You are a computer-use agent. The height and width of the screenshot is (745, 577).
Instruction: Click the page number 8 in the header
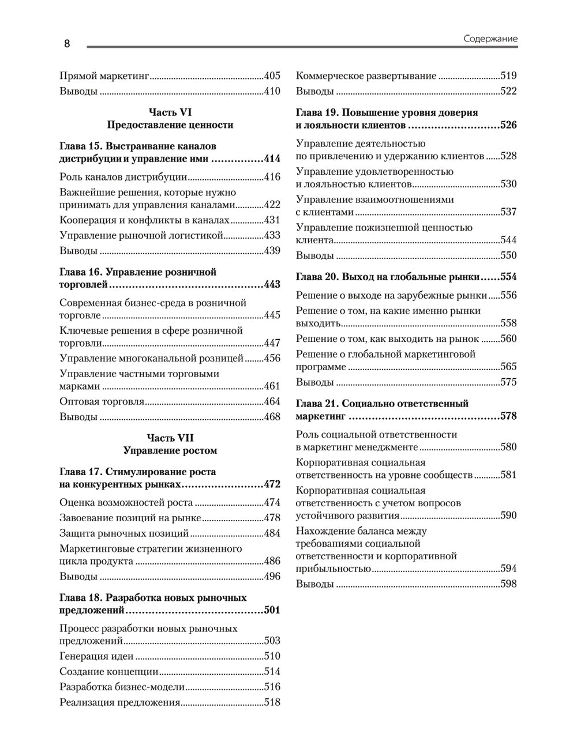click(x=66, y=44)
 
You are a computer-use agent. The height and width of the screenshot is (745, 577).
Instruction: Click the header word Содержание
click(x=490, y=39)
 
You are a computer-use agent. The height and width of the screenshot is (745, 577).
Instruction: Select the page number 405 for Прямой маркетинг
click(x=272, y=76)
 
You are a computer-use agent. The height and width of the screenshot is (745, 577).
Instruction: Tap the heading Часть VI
click(x=170, y=112)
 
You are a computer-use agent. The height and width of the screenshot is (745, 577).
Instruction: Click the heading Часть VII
click(x=170, y=438)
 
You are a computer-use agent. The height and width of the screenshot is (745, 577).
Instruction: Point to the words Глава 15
click(x=81, y=146)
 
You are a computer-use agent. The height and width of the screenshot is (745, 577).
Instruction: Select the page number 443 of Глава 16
click(x=272, y=285)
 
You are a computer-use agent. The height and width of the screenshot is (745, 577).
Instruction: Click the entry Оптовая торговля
click(x=102, y=402)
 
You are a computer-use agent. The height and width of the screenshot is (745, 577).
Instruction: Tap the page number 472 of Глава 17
click(x=272, y=484)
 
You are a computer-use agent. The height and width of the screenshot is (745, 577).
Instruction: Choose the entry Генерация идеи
click(x=96, y=656)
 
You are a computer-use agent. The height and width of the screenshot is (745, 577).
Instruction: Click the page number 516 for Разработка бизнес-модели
click(x=272, y=687)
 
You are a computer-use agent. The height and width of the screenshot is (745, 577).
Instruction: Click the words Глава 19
click(x=317, y=113)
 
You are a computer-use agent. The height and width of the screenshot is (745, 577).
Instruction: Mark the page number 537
click(x=508, y=212)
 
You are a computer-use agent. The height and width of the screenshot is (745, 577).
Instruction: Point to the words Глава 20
click(x=317, y=277)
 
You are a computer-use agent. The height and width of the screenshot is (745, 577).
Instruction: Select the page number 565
click(x=508, y=367)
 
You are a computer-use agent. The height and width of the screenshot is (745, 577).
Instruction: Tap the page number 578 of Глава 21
click(x=508, y=416)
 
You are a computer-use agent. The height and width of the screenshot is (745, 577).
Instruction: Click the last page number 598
click(x=508, y=584)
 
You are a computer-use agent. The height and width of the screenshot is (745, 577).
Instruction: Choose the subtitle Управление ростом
click(x=170, y=450)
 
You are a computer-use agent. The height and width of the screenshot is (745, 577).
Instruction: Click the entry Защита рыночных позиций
click(x=124, y=533)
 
